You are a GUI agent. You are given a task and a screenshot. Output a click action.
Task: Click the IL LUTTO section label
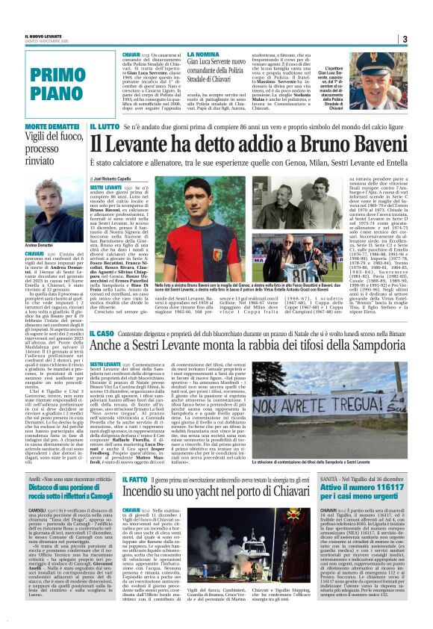pos(105,128)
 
